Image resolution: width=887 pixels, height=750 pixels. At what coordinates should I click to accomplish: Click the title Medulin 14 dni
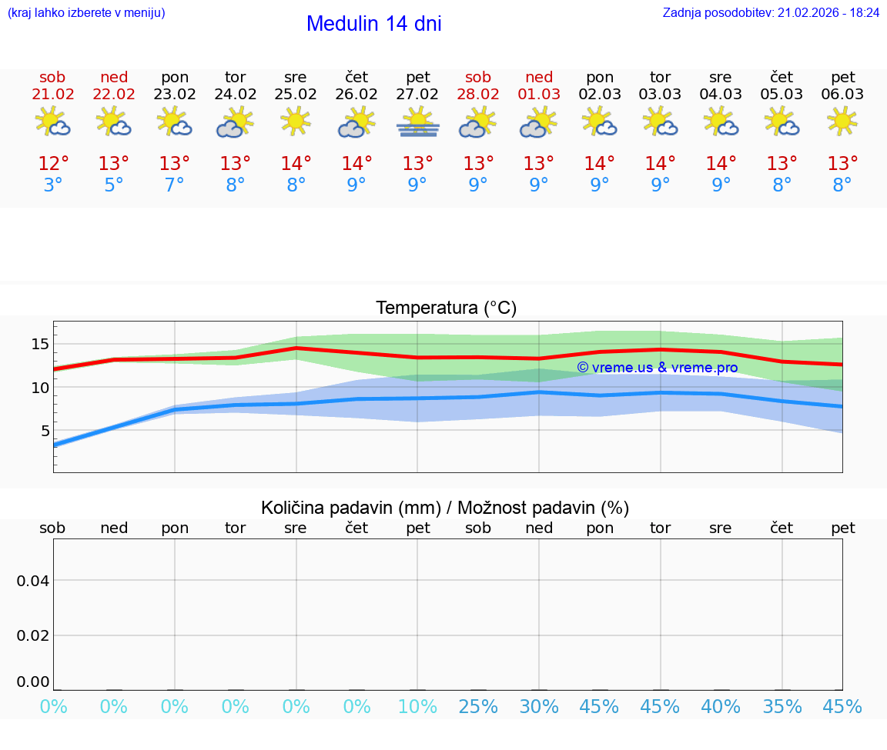(373, 24)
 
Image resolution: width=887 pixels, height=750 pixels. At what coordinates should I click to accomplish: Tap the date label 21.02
(52, 95)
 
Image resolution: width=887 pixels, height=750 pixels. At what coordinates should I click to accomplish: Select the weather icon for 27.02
(417, 122)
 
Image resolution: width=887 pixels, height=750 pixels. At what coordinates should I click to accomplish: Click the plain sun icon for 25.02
(296, 122)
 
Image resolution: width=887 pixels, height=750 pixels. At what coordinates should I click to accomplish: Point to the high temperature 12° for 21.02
(53, 164)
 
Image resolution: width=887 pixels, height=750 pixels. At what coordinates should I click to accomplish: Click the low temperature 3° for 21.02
(53, 185)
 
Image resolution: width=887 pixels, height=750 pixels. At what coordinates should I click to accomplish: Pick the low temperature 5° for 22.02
(114, 185)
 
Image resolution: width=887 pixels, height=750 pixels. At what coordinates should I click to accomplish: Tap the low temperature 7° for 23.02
(175, 185)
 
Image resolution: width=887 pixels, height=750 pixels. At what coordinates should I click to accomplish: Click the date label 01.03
(539, 95)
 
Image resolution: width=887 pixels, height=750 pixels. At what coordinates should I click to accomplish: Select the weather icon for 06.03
(842, 122)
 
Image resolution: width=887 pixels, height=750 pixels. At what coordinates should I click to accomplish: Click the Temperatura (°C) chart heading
(446, 308)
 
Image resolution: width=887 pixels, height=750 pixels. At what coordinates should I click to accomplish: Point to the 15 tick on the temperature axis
(40, 345)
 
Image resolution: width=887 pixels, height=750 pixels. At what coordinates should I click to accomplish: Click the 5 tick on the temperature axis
(45, 431)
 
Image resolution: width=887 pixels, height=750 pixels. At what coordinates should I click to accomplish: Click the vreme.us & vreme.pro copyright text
(658, 368)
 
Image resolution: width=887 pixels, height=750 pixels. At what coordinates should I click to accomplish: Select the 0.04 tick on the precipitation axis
(33, 580)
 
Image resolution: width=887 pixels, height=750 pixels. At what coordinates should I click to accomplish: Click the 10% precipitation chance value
(417, 707)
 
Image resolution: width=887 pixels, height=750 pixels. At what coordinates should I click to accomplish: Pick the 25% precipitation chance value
(478, 707)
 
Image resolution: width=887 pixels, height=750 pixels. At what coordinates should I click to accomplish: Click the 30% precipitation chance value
(539, 707)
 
